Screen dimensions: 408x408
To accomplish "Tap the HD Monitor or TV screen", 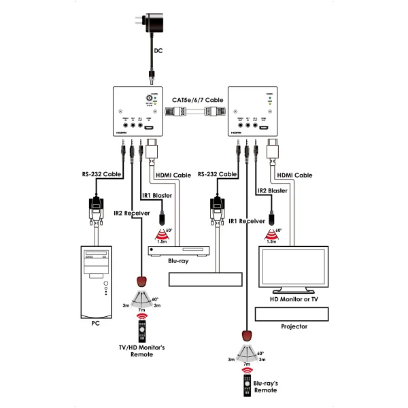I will (294, 268).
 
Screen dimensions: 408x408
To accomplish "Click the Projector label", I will (294, 326).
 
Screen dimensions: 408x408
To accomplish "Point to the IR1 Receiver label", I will (247, 220).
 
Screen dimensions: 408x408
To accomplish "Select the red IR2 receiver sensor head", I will (141, 282).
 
